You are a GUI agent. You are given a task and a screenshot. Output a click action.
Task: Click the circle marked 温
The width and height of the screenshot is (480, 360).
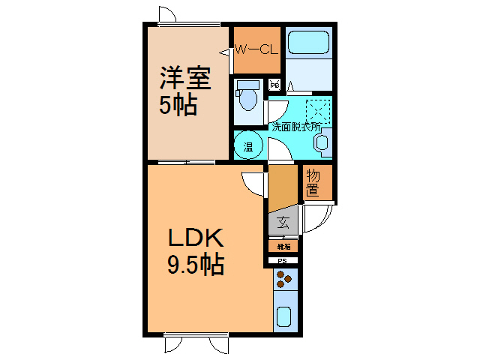(x=247, y=145)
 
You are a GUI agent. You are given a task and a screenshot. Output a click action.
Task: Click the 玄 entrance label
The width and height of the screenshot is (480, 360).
(x=283, y=222)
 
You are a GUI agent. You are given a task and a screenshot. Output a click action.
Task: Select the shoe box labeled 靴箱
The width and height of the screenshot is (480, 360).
(x=283, y=245)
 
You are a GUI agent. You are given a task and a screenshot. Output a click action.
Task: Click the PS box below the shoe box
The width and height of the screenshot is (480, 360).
(x=283, y=261)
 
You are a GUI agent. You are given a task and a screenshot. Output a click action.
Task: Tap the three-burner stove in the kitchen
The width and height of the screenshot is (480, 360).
(x=285, y=280)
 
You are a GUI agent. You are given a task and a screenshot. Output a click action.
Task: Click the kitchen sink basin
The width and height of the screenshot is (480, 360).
(x=285, y=316)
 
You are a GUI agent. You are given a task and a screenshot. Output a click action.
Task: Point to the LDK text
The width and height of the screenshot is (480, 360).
(x=195, y=238)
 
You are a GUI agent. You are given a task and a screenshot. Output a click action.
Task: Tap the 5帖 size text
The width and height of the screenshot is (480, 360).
(x=178, y=105)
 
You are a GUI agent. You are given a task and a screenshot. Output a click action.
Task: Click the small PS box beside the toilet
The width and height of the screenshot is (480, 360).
(x=274, y=84)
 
